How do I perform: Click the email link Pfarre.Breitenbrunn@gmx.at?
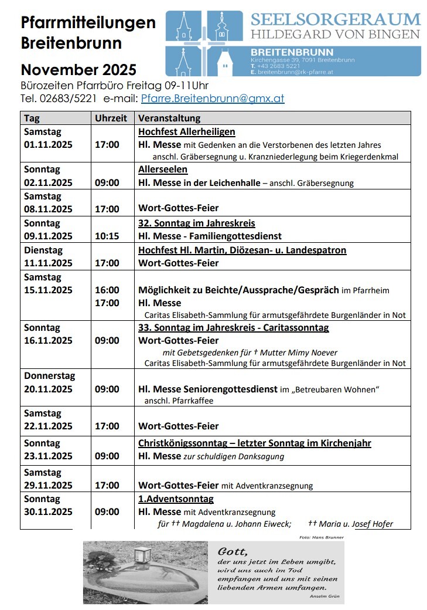[x=213, y=99]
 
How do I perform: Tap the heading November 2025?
[x=78, y=70]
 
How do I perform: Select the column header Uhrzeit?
[x=111, y=118]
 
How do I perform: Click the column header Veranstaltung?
[x=169, y=118]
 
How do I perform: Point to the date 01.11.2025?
[x=49, y=144]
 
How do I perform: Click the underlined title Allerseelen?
[x=163, y=170]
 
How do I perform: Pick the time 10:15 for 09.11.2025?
[x=107, y=236]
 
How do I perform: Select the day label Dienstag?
[x=43, y=250]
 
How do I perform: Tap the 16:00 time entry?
[x=107, y=290]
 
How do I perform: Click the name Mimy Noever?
[x=314, y=353]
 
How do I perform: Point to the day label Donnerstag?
[x=50, y=375]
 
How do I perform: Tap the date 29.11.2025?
[x=49, y=485]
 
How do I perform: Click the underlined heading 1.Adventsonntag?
[x=176, y=499]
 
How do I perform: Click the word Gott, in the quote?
[x=233, y=551]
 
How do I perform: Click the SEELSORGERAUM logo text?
[x=336, y=19]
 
